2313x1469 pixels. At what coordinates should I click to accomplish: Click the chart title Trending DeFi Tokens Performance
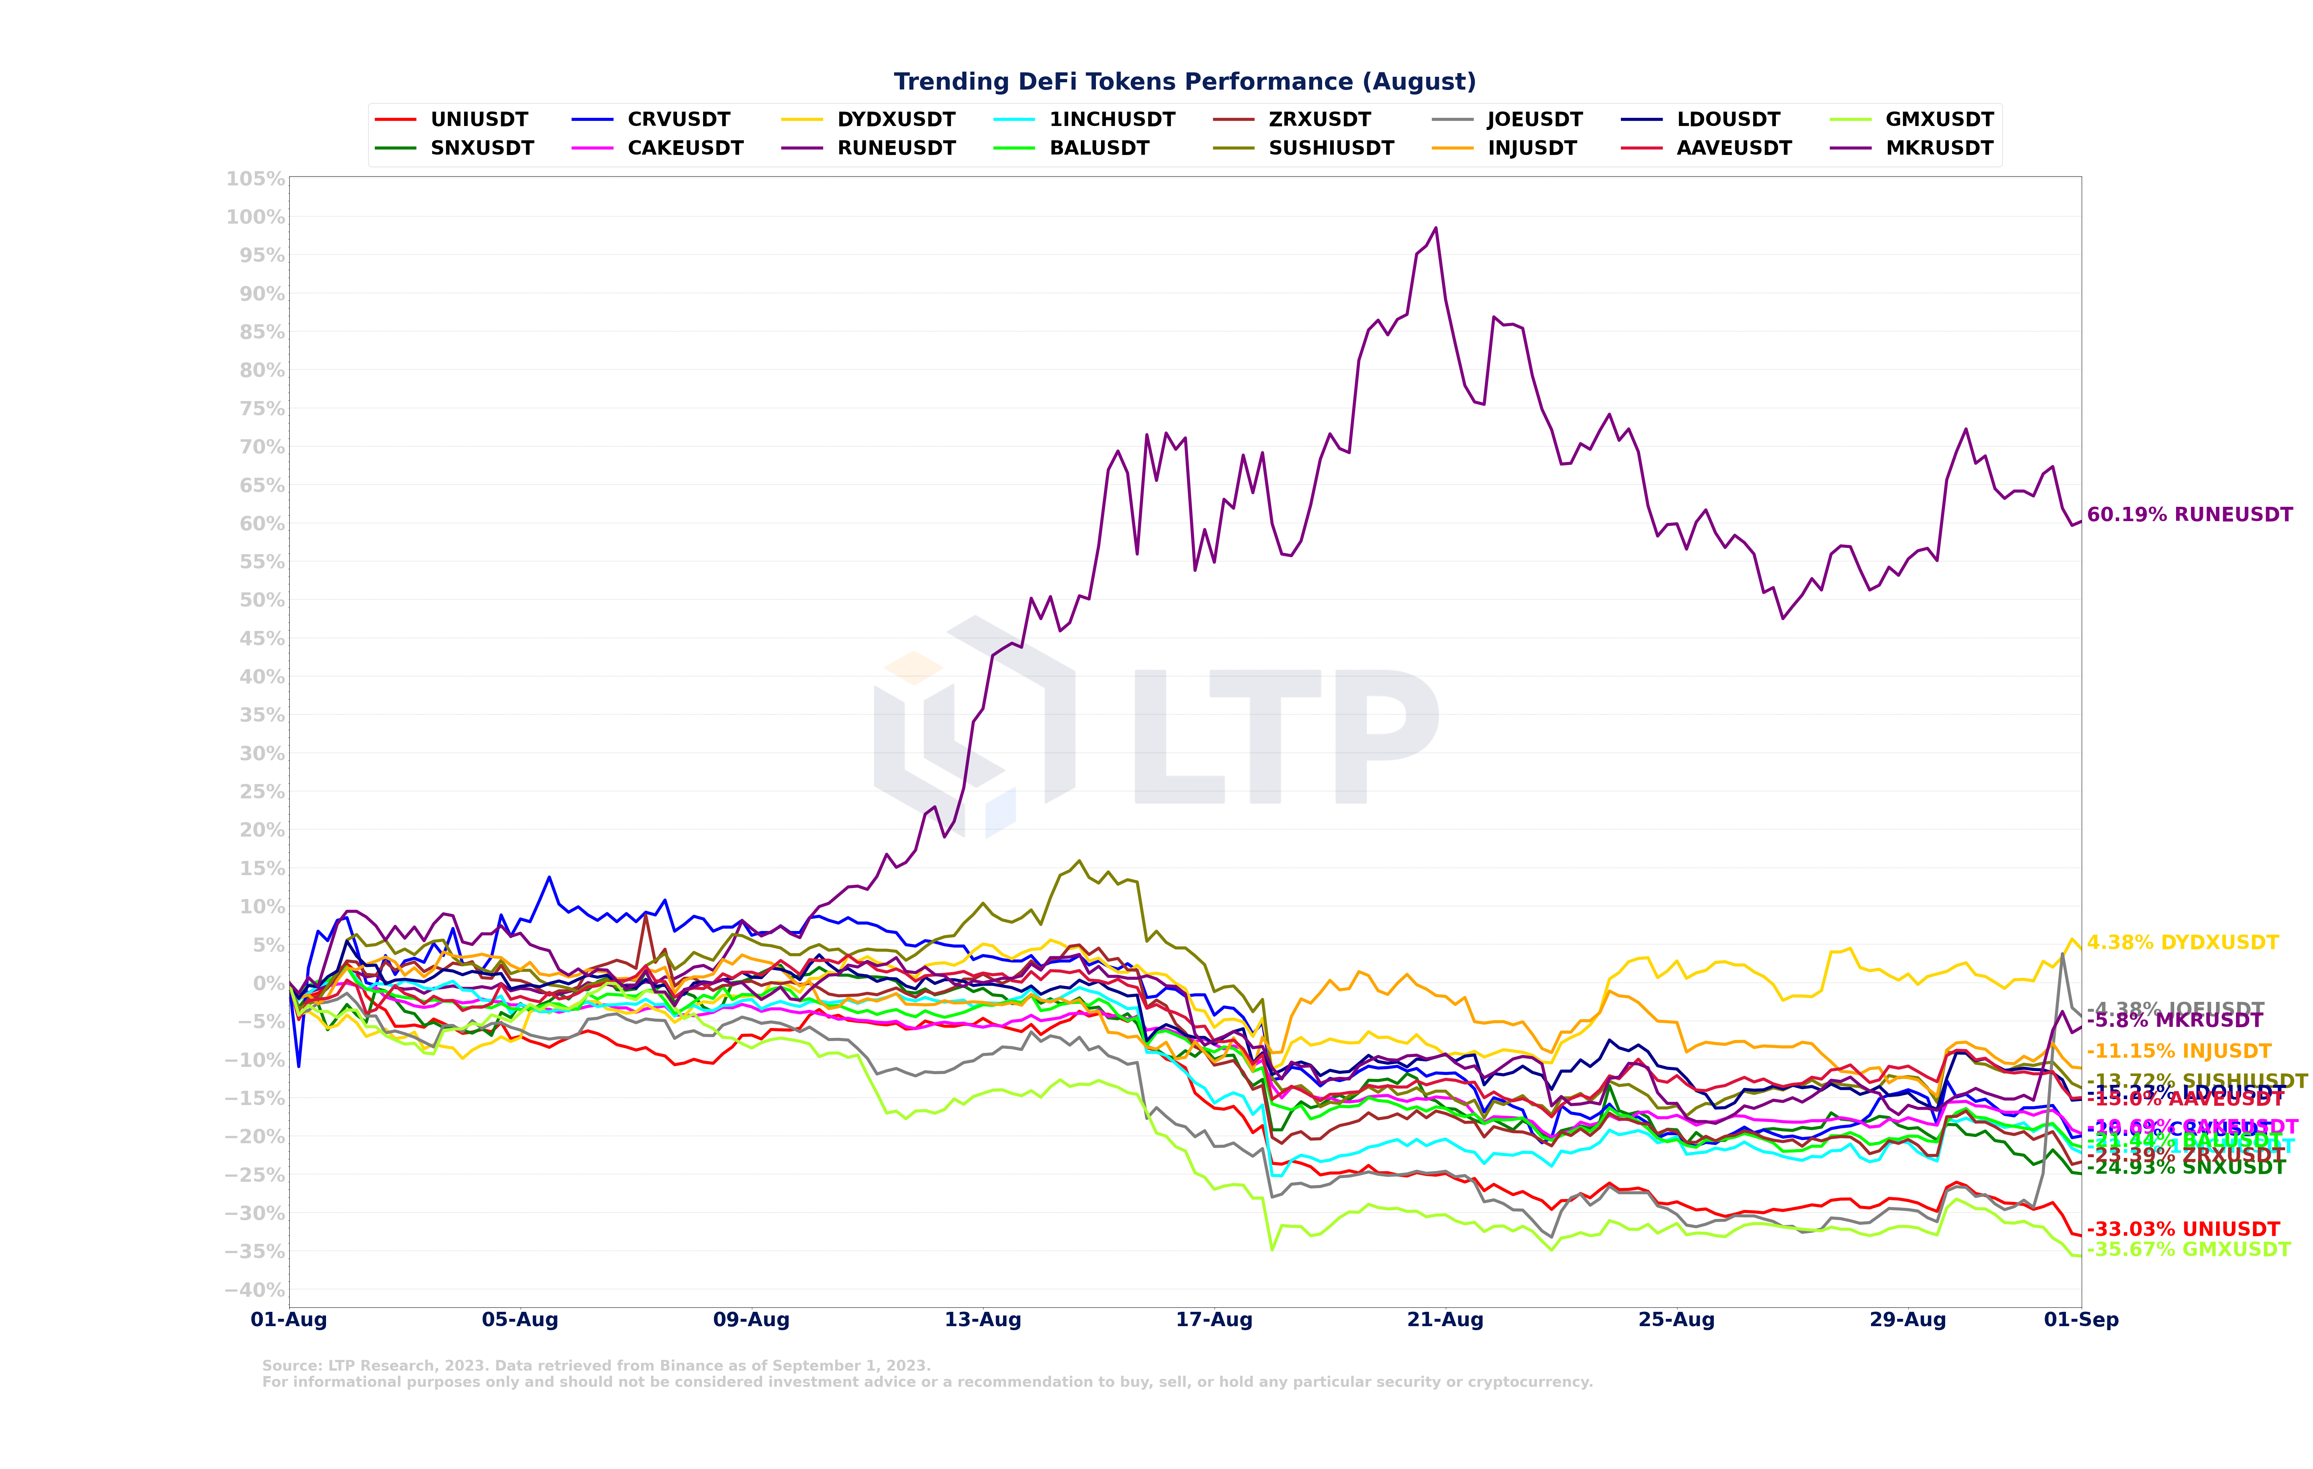[1184, 82]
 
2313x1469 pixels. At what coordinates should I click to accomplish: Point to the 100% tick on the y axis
[256, 217]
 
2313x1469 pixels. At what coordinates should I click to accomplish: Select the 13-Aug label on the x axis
[982, 1320]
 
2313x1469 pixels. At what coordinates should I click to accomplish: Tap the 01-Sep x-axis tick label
[2081, 1320]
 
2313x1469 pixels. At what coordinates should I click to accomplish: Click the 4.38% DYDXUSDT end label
[2182, 942]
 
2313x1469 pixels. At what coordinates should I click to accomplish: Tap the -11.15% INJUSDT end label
[2179, 1051]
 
